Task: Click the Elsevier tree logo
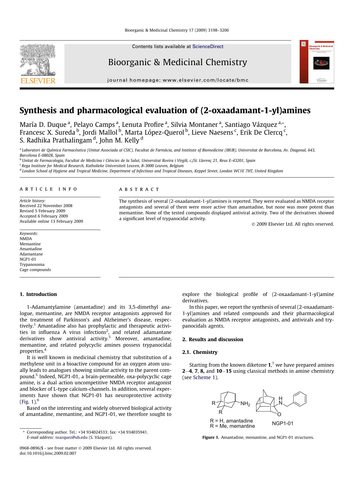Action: [37, 61]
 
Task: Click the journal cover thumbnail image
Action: [317, 62]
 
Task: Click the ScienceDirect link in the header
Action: [208, 47]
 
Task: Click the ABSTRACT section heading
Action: [139, 189]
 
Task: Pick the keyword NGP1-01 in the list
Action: [28, 259]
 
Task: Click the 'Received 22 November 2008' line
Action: [46, 206]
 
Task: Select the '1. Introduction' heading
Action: [38, 294]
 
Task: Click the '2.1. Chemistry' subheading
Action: [200, 352]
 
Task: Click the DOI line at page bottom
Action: [48, 453]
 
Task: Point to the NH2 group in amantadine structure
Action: [245, 404]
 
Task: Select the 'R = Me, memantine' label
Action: [232, 426]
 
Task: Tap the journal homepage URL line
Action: [178, 80]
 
